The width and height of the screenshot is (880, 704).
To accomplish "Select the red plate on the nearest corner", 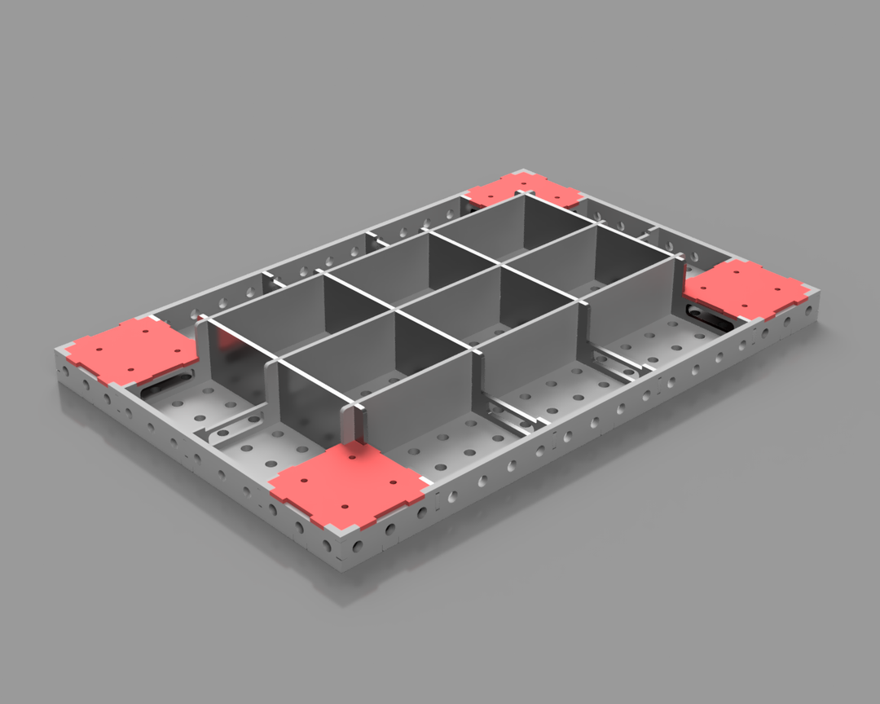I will [x=349, y=484].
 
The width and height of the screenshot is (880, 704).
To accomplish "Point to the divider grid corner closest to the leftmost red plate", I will [x=204, y=320].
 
